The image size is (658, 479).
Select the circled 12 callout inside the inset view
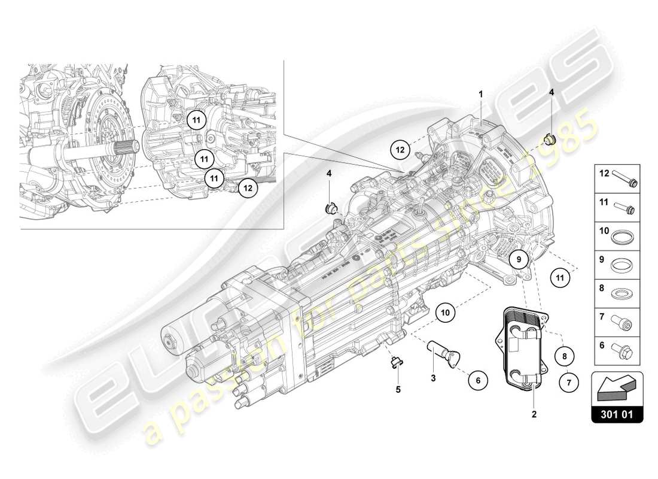[x=246, y=187]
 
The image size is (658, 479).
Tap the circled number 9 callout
[x=520, y=259]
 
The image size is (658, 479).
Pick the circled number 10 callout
[x=444, y=311]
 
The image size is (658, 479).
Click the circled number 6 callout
[x=478, y=379]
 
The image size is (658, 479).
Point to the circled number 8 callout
[x=565, y=356]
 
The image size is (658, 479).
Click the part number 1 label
[x=480, y=94]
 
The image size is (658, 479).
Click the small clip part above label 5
[x=395, y=362]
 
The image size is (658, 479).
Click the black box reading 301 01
[x=617, y=413]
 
